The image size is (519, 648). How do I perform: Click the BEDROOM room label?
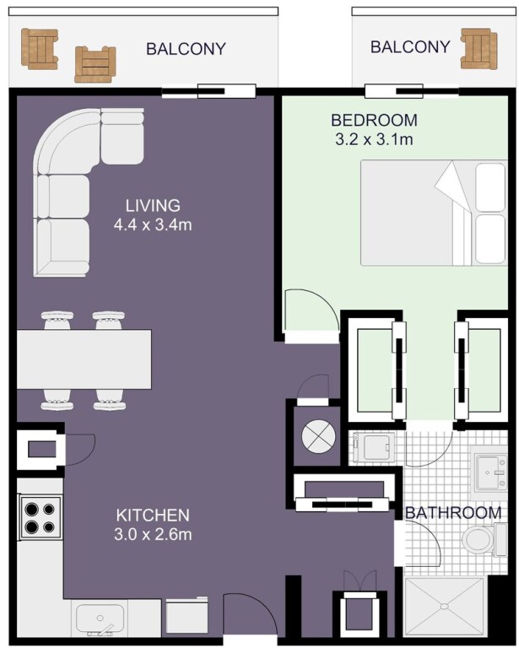coord(374,120)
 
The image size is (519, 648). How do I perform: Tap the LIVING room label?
coord(153,205)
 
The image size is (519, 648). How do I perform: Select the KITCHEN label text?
coord(153,516)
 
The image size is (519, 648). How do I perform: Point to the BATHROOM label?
coord(453,512)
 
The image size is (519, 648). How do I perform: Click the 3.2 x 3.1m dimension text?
coord(374,139)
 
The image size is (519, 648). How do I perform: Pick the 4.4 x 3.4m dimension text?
coord(153,224)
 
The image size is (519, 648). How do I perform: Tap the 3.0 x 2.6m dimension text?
coord(153,535)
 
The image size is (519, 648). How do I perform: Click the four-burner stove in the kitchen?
coord(40,516)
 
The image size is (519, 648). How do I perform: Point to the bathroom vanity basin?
coord(490,472)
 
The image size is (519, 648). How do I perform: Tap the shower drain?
coord(444,607)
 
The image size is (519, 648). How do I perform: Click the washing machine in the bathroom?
coord(375,447)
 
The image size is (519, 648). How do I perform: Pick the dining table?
coord(84,359)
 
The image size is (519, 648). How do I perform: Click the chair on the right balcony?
coord(478,49)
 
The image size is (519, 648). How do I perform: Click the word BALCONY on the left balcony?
coord(186,49)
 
